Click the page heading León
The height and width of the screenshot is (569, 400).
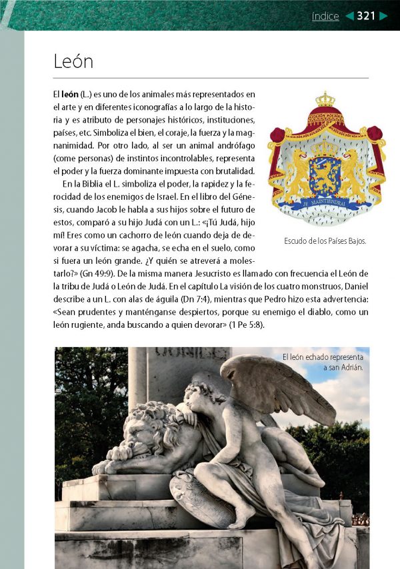[73, 62]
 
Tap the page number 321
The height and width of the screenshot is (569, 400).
[366, 16]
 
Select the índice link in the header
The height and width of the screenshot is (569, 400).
[325, 17]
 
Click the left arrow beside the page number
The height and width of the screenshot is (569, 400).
[349, 17]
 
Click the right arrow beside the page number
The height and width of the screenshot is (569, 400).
[383, 17]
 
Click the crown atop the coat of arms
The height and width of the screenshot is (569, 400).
[325, 100]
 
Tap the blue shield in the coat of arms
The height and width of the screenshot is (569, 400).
[325, 175]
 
